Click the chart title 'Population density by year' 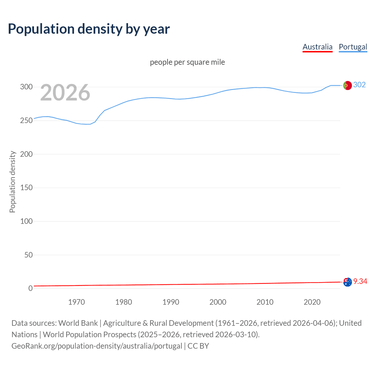[x=89, y=29]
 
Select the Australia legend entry [x=317, y=47]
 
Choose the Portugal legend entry [x=353, y=47]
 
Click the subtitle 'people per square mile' [x=187, y=62]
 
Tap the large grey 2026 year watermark [x=65, y=93]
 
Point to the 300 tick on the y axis [x=26, y=87]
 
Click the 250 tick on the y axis [x=26, y=120]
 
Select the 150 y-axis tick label [x=26, y=187]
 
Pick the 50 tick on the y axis [x=28, y=255]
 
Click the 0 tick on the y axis [x=30, y=288]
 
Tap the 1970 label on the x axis [x=76, y=302]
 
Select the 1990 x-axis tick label [x=171, y=302]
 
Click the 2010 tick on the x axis [x=265, y=302]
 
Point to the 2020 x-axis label [x=312, y=302]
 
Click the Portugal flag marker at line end [x=347, y=85]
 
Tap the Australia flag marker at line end [x=347, y=282]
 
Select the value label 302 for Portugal [x=359, y=85]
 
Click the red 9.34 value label [x=360, y=281]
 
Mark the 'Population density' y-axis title [x=12, y=182]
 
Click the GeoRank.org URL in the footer [x=97, y=346]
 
